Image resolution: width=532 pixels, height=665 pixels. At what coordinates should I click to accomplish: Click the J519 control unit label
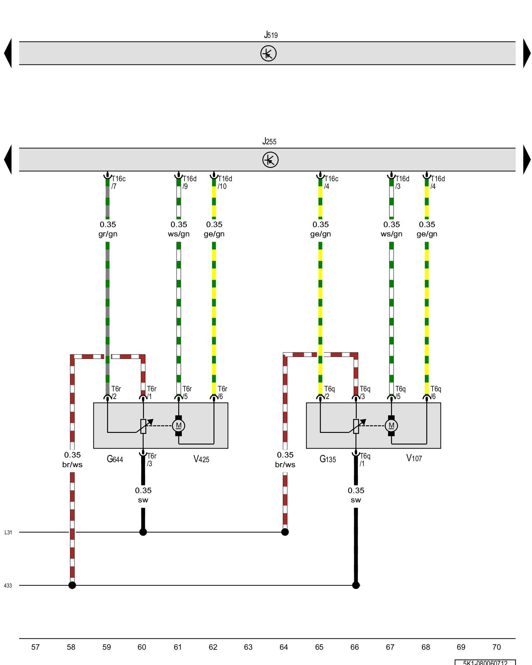tap(271, 35)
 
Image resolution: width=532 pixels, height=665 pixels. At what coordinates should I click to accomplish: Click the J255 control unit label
tap(269, 141)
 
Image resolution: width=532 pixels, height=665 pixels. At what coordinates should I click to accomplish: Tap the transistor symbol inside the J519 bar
tap(268, 54)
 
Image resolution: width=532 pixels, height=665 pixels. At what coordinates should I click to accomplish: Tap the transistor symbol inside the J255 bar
tap(270, 160)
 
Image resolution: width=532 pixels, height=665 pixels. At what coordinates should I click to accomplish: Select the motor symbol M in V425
tap(179, 426)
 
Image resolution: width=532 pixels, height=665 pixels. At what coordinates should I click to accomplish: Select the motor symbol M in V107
tap(391, 426)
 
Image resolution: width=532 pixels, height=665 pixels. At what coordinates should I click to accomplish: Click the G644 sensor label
tap(115, 459)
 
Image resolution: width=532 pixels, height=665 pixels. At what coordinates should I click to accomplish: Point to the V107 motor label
tap(414, 459)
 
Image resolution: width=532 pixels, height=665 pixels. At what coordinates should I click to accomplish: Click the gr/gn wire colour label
tap(108, 234)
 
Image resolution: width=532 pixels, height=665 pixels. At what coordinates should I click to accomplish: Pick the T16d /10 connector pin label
tap(224, 183)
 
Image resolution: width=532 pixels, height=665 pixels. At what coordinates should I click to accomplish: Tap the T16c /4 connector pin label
tap(331, 183)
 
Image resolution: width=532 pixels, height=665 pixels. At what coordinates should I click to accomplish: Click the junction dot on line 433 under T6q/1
tap(356, 585)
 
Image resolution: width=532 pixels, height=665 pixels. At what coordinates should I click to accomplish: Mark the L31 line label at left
tap(8, 532)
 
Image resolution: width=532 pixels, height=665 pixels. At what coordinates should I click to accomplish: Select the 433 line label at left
tap(8, 586)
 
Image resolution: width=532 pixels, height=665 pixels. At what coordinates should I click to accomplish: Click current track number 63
tap(248, 647)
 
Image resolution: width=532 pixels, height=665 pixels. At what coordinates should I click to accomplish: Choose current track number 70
tap(496, 647)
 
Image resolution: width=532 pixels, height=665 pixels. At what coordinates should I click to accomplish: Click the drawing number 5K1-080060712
tap(485, 662)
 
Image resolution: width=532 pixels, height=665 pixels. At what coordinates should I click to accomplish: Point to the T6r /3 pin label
tap(151, 460)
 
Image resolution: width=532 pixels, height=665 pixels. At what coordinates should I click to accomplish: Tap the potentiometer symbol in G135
tap(356, 426)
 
